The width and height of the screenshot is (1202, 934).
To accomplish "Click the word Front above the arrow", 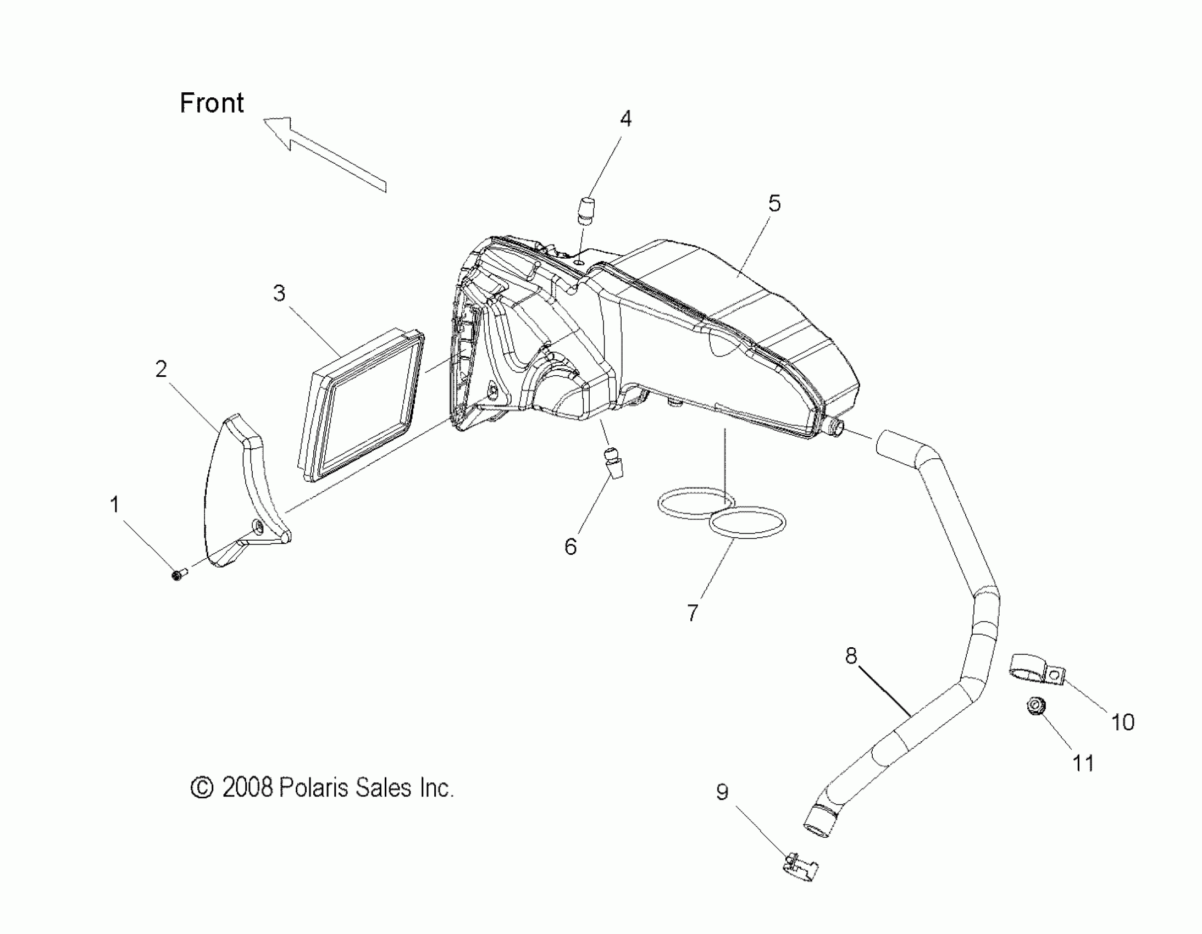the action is pyautogui.click(x=212, y=103).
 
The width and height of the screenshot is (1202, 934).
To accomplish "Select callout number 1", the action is pyautogui.click(x=114, y=504).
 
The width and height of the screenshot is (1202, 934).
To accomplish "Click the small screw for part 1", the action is pyautogui.click(x=178, y=575).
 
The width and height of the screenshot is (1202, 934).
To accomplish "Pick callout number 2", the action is pyautogui.click(x=160, y=369).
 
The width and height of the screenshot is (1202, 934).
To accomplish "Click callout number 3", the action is pyautogui.click(x=279, y=293).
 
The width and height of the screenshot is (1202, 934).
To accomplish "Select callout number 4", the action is pyautogui.click(x=626, y=119).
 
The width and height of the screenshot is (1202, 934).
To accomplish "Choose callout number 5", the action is pyautogui.click(x=774, y=203).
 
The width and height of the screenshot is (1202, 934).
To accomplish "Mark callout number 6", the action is pyautogui.click(x=570, y=546).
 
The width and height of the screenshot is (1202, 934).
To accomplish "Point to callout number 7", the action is pyautogui.click(x=693, y=612).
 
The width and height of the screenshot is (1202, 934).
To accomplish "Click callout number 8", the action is pyautogui.click(x=851, y=655).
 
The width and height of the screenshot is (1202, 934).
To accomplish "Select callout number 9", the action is pyautogui.click(x=722, y=792).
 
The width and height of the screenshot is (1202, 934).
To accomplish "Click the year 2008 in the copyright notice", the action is pyautogui.click(x=247, y=788).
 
